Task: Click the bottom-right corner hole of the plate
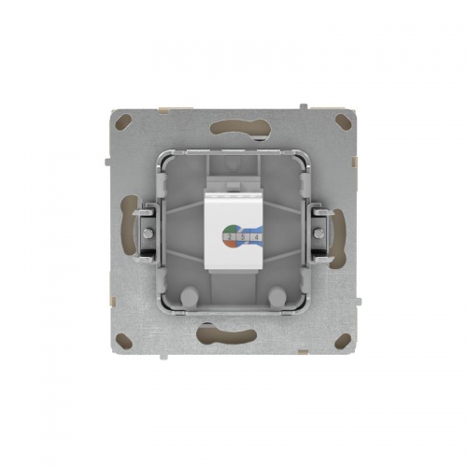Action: click(x=342, y=343)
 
